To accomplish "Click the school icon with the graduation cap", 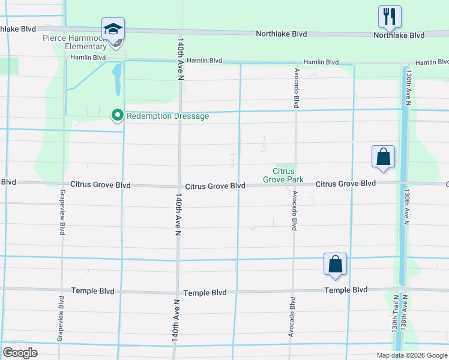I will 113,29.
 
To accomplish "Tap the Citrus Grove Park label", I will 284,175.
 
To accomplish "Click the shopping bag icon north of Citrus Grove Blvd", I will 383,158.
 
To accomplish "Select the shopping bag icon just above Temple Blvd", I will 335,264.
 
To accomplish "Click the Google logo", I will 20,353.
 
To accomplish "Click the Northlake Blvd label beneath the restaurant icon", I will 399,35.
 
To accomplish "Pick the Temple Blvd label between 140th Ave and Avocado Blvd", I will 205,292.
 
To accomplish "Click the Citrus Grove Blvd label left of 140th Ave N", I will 100,185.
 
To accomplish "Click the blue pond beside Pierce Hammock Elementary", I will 117,79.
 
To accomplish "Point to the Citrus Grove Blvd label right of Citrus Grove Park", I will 346,183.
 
